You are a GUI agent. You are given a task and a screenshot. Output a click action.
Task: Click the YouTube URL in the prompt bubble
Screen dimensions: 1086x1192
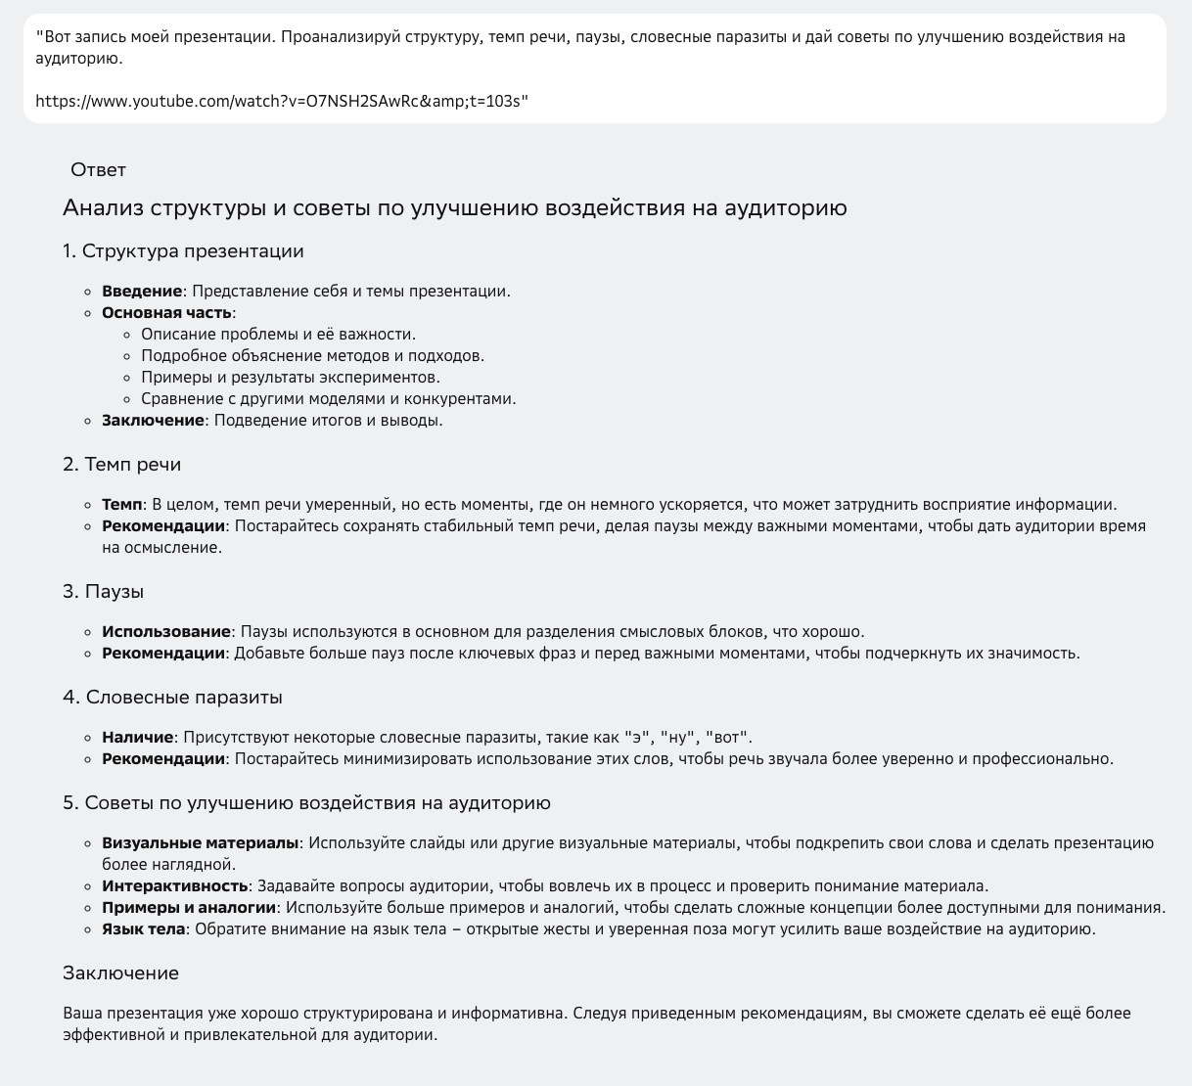pyautogui.click(x=282, y=101)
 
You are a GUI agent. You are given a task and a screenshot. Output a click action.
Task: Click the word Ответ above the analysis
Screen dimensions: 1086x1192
pyautogui.click(x=98, y=170)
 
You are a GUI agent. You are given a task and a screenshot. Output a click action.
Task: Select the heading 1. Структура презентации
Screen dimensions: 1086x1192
pyautogui.click(x=183, y=251)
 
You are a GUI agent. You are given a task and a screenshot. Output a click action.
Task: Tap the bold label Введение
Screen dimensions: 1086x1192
pyautogui.click(x=142, y=292)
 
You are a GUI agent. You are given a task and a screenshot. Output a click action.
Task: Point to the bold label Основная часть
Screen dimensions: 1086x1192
pyautogui.click(x=167, y=313)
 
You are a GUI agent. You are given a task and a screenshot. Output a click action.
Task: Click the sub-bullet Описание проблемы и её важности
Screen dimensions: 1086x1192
pyautogui.click(x=278, y=335)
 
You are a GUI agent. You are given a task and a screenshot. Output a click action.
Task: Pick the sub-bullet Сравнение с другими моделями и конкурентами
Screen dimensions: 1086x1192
pyautogui.click(x=328, y=399)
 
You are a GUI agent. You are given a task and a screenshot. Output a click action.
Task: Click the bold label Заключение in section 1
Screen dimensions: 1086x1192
pyautogui.click(x=153, y=421)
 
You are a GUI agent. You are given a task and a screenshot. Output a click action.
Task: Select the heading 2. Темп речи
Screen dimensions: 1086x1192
pyautogui.click(x=122, y=465)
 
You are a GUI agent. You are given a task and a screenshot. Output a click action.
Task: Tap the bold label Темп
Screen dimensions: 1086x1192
pyautogui.click(x=121, y=505)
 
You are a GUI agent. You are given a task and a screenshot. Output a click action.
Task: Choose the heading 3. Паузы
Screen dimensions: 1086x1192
pyautogui.click(x=104, y=592)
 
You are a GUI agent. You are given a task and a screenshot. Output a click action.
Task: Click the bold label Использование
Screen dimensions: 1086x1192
pyautogui.click(x=166, y=632)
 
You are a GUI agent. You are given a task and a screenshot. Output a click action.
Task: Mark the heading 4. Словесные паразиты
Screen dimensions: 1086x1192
pyautogui.click(x=173, y=698)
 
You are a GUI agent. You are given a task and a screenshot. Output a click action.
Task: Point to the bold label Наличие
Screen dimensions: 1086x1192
pyautogui.click(x=137, y=738)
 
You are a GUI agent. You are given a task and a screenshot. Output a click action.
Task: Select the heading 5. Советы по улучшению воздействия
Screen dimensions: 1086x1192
pyautogui.click(x=306, y=803)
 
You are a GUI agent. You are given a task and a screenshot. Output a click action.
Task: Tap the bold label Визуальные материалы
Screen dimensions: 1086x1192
pyautogui.click(x=200, y=843)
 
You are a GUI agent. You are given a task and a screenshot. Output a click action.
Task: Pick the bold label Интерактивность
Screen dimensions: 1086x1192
pyautogui.click(x=174, y=886)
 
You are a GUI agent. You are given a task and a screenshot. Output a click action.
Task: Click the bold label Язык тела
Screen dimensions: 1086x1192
pyautogui.click(x=143, y=929)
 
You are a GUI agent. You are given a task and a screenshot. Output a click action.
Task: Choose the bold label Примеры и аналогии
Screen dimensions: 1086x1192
pyautogui.click(x=189, y=908)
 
